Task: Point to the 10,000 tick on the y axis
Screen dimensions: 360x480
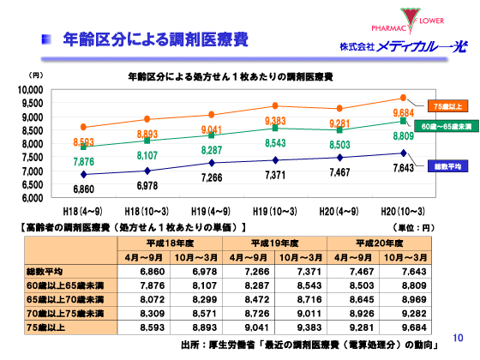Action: pos(30,90)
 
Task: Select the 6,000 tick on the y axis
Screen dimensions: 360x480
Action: pos(32,198)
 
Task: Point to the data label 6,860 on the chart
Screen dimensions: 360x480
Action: pos(83,188)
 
